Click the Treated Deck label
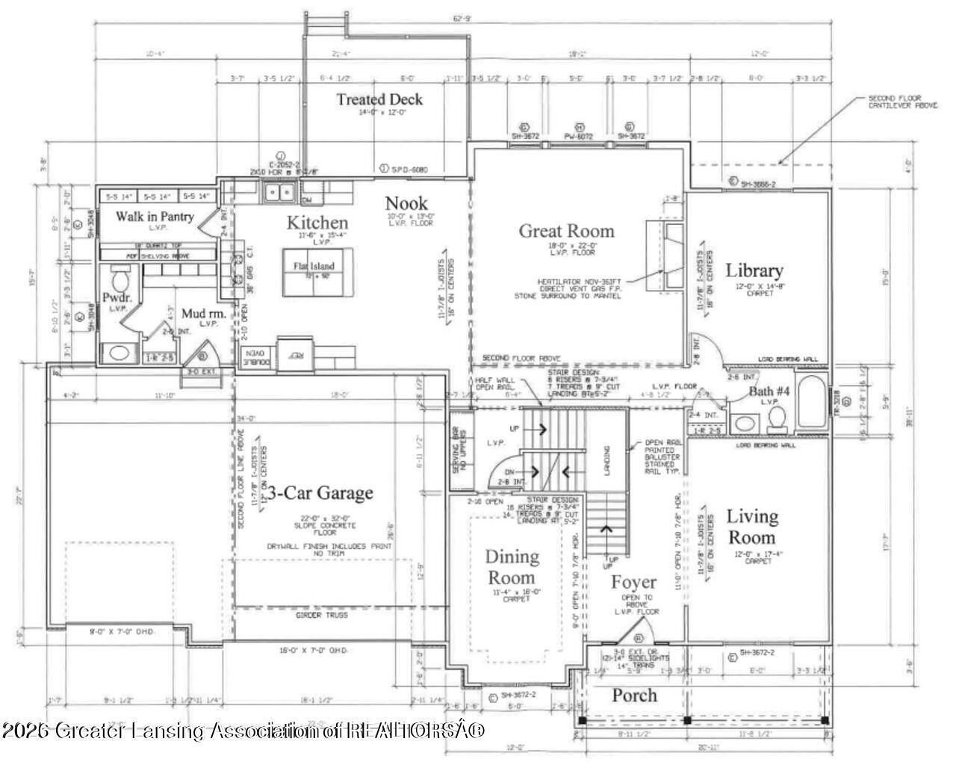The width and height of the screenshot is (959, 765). click(x=379, y=99)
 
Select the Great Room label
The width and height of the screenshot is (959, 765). click(x=566, y=231)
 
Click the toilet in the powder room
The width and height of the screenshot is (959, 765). click(x=120, y=282)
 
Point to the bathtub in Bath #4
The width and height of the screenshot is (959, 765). click(x=812, y=403)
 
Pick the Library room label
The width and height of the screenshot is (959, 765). click(x=754, y=270)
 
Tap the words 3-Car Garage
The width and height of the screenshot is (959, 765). click(x=320, y=493)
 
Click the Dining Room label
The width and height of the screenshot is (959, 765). click(x=512, y=566)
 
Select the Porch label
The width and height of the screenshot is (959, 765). click(x=634, y=696)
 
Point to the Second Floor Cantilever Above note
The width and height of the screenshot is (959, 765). click(x=895, y=102)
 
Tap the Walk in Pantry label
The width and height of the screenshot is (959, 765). click(x=155, y=217)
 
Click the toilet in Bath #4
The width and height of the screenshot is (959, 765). click(x=776, y=419)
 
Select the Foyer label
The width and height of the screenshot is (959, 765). click(x=634, y=582)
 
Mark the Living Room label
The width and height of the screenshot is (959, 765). click(x=752, y=526)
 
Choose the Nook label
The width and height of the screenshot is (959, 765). click(x=406, y=202)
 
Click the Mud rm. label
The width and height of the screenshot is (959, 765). click(x=198, y=315)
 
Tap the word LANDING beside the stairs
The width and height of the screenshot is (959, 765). click(x=606, y=462)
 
